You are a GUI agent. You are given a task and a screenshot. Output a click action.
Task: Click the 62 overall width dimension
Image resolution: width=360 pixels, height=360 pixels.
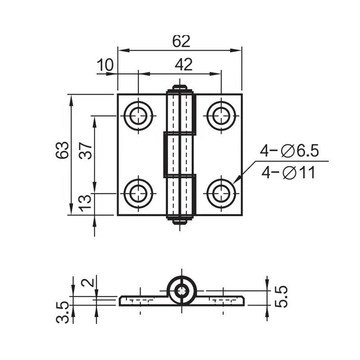[x=181, y=41]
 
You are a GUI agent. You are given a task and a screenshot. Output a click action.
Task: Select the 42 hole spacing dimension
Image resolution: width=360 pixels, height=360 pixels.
[x=184, y=64]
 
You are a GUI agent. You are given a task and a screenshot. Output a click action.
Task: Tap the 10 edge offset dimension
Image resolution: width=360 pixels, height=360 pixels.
[x=105, y=64]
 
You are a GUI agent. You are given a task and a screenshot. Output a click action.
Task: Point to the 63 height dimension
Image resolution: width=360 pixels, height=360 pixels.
[x=62, y=150]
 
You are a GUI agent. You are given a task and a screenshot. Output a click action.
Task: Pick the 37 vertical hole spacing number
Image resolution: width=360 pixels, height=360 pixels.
[x=85, y=151]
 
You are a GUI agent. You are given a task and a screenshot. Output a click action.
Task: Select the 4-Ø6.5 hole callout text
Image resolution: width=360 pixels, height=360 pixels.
[x=289, y=151]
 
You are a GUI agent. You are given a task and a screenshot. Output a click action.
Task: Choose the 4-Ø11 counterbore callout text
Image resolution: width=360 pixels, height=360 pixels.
[x=288, y=173]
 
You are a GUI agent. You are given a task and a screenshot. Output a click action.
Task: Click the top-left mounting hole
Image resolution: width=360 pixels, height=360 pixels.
[x=138, y=116]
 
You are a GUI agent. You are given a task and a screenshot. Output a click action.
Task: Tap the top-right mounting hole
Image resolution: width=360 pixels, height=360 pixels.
[x=221, y=116]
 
